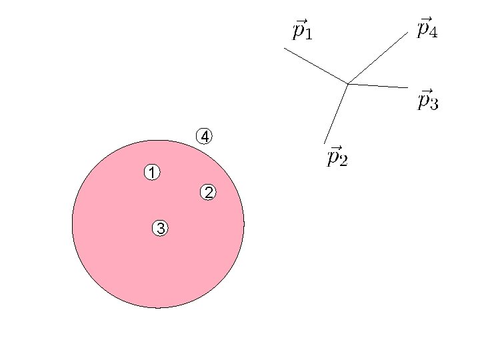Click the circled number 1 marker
(152, 173)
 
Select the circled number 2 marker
(209, 193)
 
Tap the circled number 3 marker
(160, 228)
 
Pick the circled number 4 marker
(205, 136)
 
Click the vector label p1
(303, 29)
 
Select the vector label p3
(428, 100)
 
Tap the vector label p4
(427, 29)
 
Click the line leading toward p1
(316, 65)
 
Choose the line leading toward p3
(377, 85)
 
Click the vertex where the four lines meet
(348, 83)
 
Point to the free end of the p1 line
(284, 48)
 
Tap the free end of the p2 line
(325, 143)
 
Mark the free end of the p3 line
(407, 87)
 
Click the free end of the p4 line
(407, 33)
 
